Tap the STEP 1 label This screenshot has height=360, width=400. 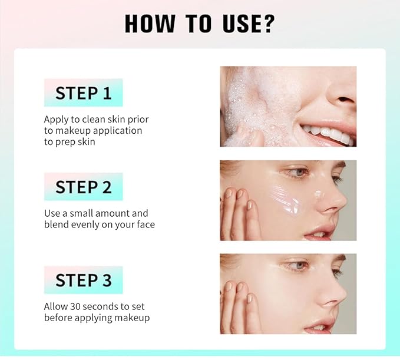point(84,93)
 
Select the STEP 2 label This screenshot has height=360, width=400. point(84,187)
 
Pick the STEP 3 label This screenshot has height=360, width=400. point(84,280)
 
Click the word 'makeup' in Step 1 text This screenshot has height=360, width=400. point(73,131)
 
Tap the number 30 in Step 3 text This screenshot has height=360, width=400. point(75,306)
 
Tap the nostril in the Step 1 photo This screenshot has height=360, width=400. point(345,100)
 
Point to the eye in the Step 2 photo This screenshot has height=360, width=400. point(297,173)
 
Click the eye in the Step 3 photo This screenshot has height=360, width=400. point(297,266)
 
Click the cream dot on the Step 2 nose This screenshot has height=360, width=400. point(318,194)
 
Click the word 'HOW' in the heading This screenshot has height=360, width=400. point(150,24)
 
